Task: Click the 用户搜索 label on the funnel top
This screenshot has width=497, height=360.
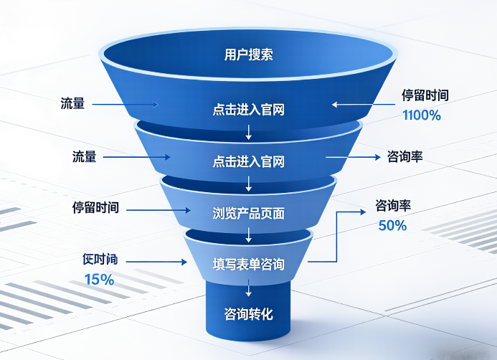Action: click(248, 55)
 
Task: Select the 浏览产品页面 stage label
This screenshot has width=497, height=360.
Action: click(248, 213)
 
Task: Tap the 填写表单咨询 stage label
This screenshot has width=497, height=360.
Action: click(248, 265)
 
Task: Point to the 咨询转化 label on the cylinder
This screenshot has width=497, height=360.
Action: click(248, 314)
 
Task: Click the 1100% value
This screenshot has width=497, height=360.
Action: click(421, 115)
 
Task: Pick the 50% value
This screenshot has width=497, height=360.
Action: click(392, 225)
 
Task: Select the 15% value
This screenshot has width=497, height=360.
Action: click(99, 280)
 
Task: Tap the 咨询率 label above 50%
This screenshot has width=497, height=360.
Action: click(393, 207)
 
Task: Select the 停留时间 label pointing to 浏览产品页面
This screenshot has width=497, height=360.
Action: click(95, 208)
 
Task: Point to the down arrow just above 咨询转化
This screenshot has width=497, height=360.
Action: click(249, 288)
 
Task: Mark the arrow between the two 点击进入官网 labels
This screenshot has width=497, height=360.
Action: click(249, 131)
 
